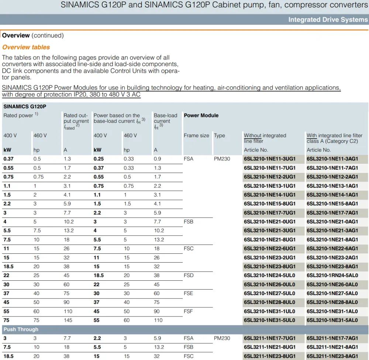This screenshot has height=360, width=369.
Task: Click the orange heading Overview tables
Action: pos(26,47)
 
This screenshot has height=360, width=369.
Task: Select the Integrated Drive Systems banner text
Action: pos(328,20)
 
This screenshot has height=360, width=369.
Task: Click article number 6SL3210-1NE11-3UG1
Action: pos(269,159)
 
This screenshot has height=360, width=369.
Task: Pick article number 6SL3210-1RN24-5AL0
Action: pos(332,275)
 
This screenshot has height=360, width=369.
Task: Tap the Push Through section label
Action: pos(21,329)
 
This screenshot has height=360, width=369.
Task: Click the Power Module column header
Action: pos(201,115)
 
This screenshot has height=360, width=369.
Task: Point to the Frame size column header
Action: pos(196,135)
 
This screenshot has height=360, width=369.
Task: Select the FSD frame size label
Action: pos(189,275)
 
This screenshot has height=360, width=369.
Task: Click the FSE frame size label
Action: pos(188,293)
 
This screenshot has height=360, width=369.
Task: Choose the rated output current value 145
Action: pos(68,320)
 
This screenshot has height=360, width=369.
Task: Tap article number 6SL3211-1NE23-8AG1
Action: pos(332,356)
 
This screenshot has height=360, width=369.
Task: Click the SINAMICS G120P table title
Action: pos(25,107)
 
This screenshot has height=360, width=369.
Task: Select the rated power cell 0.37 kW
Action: pos(8,159)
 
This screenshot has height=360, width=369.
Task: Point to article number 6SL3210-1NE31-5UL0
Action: pos(269,320)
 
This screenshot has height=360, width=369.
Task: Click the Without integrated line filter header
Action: pos(265,138)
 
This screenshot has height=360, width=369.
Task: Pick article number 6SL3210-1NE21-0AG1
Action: pos(332,222)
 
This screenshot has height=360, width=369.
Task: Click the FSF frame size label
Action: pos(188,311)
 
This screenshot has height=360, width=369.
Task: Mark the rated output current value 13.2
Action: pos(69,231)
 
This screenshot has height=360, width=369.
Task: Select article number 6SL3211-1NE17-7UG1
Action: pos(269,338)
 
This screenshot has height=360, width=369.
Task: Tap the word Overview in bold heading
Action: pos(16,35)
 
